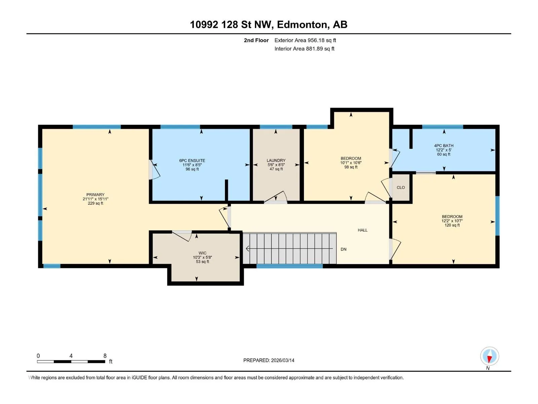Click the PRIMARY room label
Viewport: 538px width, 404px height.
click(x=95, y=195)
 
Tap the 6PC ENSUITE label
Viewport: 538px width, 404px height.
click(x=192, y=161)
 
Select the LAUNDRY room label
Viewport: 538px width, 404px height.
click(x=276, y=161)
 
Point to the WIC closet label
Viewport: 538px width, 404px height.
click(x=202, y=253)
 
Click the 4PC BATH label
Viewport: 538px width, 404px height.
click(x=444, y=145)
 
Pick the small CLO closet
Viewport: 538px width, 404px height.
click(x=401, y=188)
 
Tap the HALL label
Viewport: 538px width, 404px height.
click(x=362, y=230)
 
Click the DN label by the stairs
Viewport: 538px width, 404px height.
click(x=343, y=249)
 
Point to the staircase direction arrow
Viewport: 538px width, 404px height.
click(x=289, y=248)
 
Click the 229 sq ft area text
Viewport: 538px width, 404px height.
click(x=95, y=203)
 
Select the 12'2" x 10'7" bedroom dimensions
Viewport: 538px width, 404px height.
click(x=452, y=221)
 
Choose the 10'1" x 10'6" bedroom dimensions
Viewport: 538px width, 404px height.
click(x=351, y=163)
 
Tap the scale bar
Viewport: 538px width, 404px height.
click(x=71, y=362)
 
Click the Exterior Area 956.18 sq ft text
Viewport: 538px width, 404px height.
click(x=305, y=40)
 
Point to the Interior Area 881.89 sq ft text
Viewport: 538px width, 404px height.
click(x=304, y=48)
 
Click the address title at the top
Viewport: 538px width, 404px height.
click(x=269, y=25)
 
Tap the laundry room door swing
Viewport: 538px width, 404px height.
click(x=275, y=197)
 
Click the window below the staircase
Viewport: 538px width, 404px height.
click(x=290, y=266)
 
